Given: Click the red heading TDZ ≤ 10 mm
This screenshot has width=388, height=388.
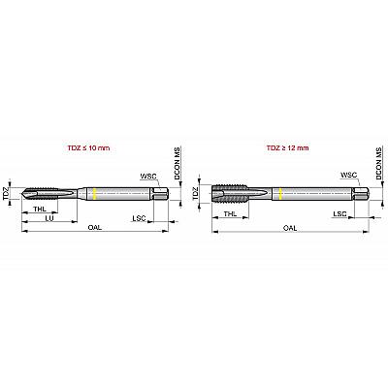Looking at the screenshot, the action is (x=88, y=148).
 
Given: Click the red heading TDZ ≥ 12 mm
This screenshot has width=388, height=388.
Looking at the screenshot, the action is (x=287, y=148).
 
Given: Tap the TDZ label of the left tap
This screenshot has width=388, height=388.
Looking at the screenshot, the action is (x=6, y=194).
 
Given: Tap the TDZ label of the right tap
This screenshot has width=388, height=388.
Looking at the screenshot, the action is (x=196, y=193).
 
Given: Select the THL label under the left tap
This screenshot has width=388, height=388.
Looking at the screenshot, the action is (x=40, y=209).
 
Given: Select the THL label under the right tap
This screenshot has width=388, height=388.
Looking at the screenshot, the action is (x=230, y=213).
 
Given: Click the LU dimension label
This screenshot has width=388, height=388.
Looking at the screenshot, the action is (x=49, y=218).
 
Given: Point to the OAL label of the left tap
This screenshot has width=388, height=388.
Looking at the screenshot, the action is (x=95, y=227).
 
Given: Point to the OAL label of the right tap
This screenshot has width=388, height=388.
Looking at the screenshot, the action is (x=290, y=228).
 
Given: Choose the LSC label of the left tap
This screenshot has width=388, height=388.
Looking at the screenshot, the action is (x=139, y=218).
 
